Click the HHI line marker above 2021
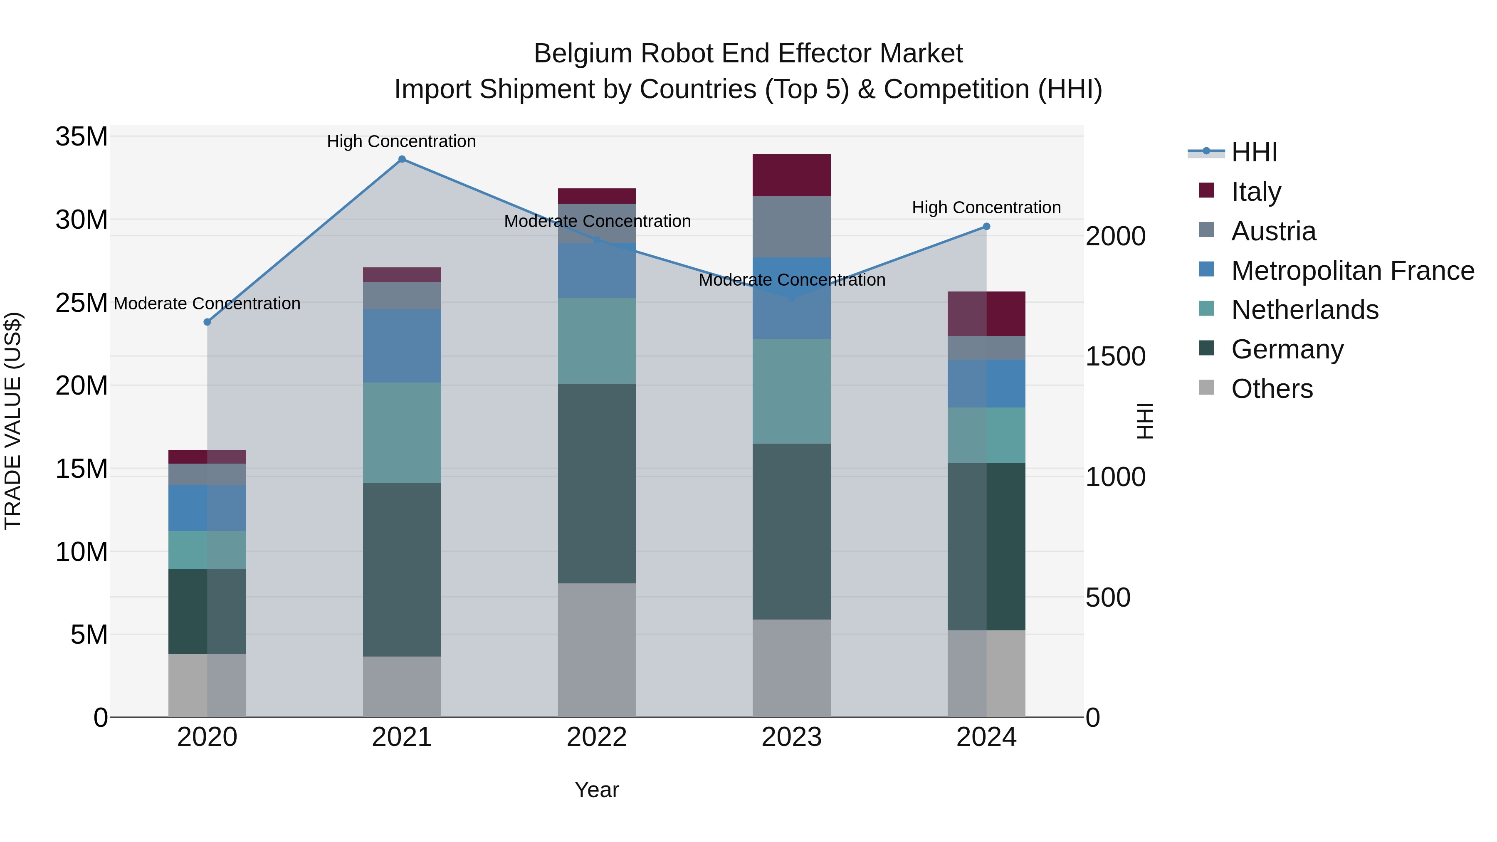(x=402, y=159)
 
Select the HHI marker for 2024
(x=986, y=227)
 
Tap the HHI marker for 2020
(x=208, y=322)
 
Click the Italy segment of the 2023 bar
(x=791, y=175)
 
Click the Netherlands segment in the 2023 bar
(x=791, y=391)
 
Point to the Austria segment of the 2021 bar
(x=402, y=295)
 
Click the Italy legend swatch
(x=1206, y=190)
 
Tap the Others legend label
(x=1272, y=389)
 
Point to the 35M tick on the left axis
(x=82, y=137)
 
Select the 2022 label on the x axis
(x=597, y=737)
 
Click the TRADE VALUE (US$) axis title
(x=13, y=421)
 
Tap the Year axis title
(x=597, y=790)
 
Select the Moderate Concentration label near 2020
(x=207, y=304)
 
